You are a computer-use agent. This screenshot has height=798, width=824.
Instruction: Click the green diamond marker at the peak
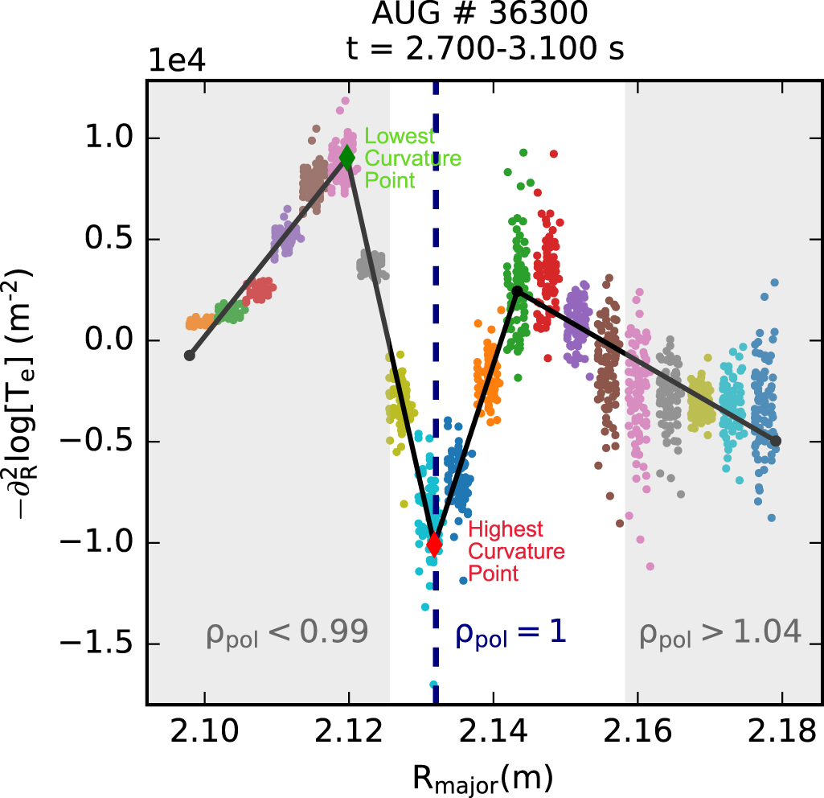(x=346, y=156)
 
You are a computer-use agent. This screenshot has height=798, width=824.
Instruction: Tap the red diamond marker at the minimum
(x=434, y=545)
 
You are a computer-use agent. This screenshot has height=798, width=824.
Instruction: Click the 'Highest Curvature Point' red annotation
(x=516, y=551)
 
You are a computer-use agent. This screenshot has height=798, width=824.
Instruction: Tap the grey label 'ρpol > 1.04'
(x=720, y=634)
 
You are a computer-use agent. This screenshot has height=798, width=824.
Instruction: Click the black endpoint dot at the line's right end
(x=776, y=441)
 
